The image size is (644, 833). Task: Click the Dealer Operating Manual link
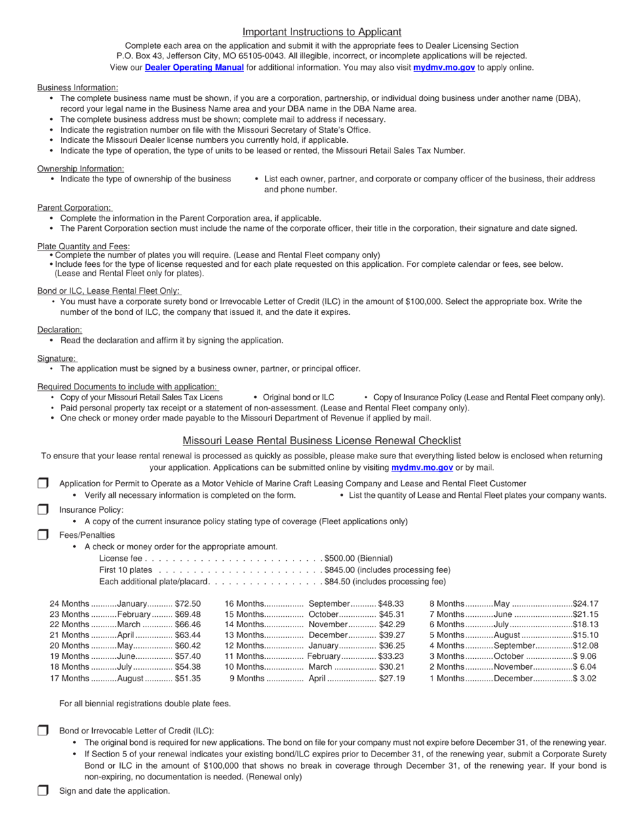194,68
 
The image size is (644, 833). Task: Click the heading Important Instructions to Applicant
322,32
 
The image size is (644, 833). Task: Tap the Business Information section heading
77,87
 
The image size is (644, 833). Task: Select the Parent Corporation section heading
75,208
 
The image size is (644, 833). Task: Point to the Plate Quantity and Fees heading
83,247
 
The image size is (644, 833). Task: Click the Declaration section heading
60,330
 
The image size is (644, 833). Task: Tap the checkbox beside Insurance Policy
43,509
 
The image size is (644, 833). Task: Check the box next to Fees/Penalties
43,534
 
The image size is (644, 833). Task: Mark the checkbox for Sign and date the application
43,790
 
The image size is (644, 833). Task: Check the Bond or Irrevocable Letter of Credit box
43,730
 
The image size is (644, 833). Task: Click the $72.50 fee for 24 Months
188,603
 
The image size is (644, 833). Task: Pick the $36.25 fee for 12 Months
392,646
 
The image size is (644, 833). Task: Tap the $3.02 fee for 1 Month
584,678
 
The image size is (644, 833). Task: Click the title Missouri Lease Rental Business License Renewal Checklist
322,441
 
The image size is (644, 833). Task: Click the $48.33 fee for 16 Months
392,603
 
